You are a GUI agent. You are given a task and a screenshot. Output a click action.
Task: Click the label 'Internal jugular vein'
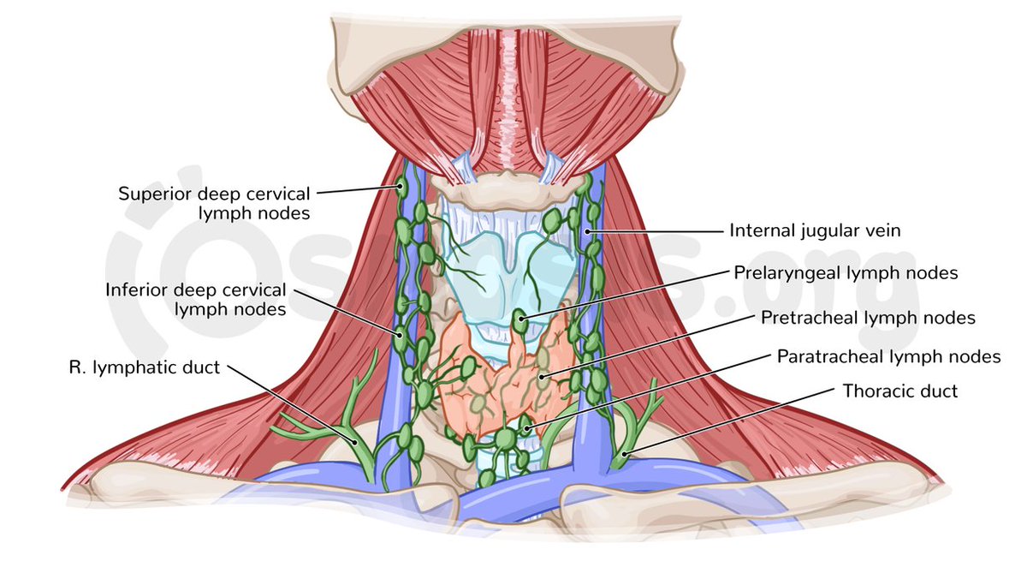click(815, 230)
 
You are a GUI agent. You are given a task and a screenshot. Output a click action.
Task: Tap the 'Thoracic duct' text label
click(899, 391)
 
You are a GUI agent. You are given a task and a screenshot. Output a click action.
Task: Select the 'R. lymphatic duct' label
click(144, 367)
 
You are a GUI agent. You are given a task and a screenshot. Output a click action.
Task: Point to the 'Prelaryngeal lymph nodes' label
click(845, 273)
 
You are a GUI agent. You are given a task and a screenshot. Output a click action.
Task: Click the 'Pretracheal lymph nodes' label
click(868, 318)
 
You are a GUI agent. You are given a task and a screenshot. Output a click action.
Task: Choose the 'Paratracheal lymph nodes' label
click(888, 355)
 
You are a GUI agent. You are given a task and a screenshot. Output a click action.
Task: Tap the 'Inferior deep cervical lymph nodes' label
click(196, 299)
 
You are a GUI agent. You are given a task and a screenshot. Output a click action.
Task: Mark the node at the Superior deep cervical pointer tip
click(401, 187)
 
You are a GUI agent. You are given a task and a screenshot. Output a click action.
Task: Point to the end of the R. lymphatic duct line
click(357, 443)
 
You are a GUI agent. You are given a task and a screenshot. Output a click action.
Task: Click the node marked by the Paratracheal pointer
click(528, 426)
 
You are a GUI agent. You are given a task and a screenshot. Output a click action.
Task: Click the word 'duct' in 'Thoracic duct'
click(939, 391)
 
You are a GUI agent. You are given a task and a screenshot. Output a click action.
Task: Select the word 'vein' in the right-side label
click(883, 230)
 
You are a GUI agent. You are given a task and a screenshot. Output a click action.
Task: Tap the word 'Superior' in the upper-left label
click(150, 193)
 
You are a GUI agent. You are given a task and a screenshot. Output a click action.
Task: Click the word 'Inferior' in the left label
click(134, 289)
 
